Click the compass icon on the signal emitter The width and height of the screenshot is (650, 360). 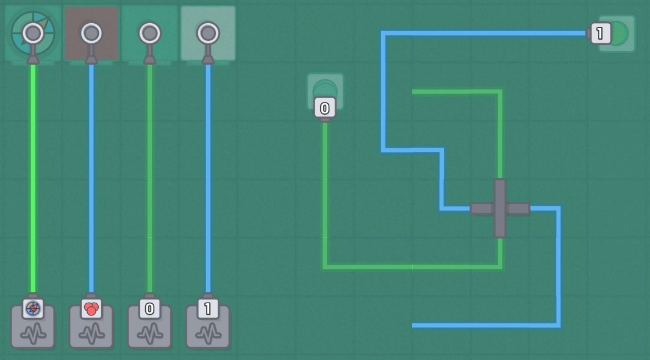click(33, 309)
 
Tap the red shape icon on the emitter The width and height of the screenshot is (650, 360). click(91, 309)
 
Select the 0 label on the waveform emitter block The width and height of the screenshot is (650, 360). click(149, 309)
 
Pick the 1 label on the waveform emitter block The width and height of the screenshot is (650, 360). click(208, 309)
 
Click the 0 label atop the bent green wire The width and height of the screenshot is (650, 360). click(324, 109)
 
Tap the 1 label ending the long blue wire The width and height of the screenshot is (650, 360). click(601, 34)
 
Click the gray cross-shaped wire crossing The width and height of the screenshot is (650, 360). click(500, 209)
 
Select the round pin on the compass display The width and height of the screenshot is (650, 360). click(33, 33)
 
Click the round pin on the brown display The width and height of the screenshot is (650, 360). click(91, 33)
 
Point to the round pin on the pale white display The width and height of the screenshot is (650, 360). click(208, 33)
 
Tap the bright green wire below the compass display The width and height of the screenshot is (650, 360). click(33, 177)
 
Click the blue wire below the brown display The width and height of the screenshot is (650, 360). click(91, 177)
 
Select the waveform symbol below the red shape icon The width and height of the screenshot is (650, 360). click(91, 333)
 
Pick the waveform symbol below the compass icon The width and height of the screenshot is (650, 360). click(33, 333)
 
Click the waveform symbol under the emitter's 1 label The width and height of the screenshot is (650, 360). click(208, 333)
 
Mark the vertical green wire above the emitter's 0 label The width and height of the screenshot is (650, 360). click(149, 177)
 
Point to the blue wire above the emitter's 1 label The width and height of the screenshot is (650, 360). click(208, 177)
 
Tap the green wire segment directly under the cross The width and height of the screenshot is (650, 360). click(500, 251)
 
